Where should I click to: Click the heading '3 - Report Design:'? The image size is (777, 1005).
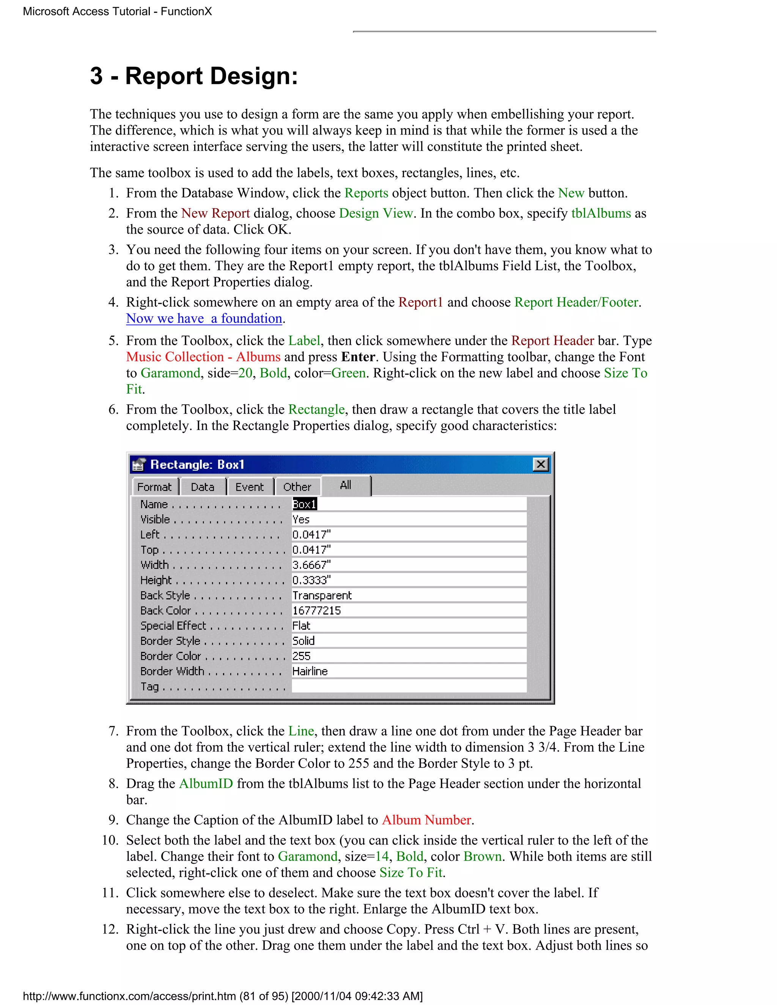(194, 76)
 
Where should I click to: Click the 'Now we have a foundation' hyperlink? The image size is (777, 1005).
(204, 319)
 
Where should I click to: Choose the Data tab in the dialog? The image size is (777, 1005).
(203, 487)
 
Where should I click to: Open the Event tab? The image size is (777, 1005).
(250, 487)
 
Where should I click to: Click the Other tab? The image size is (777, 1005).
(297, 487)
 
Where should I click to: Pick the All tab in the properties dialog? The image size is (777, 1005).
(346, 485)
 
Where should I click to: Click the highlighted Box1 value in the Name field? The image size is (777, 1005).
(304, 504)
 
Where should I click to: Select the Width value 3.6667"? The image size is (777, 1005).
(311, 565)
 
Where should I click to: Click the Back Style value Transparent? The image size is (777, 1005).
(322, 595)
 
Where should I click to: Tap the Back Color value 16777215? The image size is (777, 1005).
(317, 611)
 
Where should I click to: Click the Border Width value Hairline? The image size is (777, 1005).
(310, 671)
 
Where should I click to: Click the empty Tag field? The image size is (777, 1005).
(409, 686)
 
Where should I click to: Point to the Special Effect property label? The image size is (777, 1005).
(173, 626)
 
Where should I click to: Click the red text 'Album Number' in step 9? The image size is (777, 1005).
(426, 820)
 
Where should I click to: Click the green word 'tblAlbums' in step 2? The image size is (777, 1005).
(601, 213)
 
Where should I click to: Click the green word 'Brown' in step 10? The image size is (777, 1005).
(483, 856)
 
